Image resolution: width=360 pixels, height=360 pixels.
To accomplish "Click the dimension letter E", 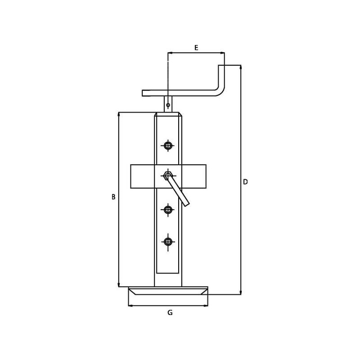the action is click(196, 48).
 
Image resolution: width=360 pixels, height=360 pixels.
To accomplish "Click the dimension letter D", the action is click(245, 182).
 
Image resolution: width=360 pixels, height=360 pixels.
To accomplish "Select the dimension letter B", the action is click(113, 197).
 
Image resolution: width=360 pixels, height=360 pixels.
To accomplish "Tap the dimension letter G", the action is click(170, 312).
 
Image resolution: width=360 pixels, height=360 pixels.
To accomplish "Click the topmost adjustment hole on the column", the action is click(168, 145).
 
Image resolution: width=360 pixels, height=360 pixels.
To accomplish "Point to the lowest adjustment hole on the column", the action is click(168, 242).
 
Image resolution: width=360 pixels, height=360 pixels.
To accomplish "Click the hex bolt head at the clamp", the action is click(168, 175).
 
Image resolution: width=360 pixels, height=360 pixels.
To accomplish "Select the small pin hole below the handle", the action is click(168, 105).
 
